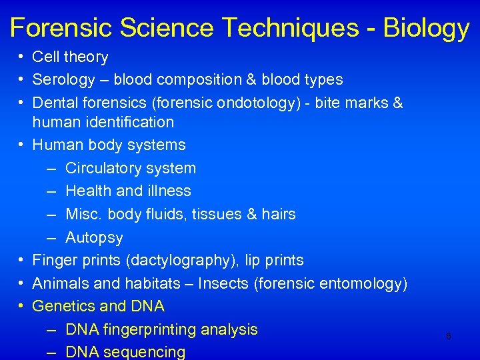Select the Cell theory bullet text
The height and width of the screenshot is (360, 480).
(70, 57)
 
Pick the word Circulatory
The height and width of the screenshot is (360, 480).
(105, 168)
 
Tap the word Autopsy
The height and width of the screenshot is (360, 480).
(94, 237)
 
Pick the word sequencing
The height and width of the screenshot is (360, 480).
(144, 352)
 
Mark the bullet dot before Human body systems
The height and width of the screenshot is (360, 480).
(22, 145)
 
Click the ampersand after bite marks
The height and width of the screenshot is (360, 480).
(398, 103)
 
